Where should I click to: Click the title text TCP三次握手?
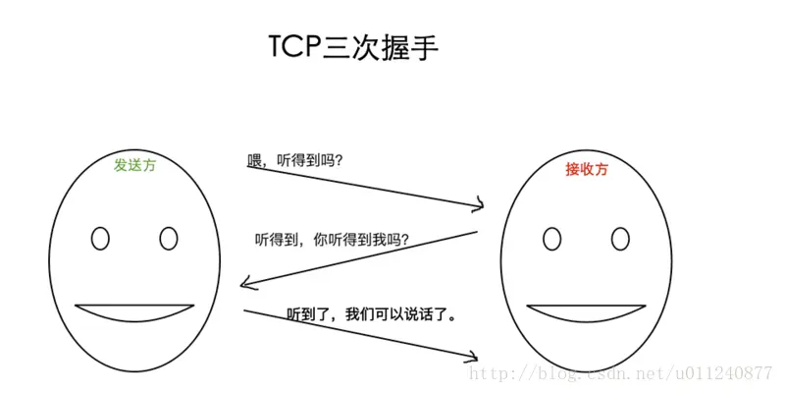tap(347, 48)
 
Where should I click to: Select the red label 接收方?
tap(587, 169)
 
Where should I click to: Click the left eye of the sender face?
tap(100, 238)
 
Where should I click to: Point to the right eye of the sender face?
tap(168, 238)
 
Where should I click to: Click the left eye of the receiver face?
tap(552, 238)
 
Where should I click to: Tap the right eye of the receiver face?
tap(619, 238)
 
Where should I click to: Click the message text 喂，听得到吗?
tap(294, 160)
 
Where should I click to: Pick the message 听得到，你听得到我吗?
tap(332, 239)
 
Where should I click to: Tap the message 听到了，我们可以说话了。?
tap(373, 315)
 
